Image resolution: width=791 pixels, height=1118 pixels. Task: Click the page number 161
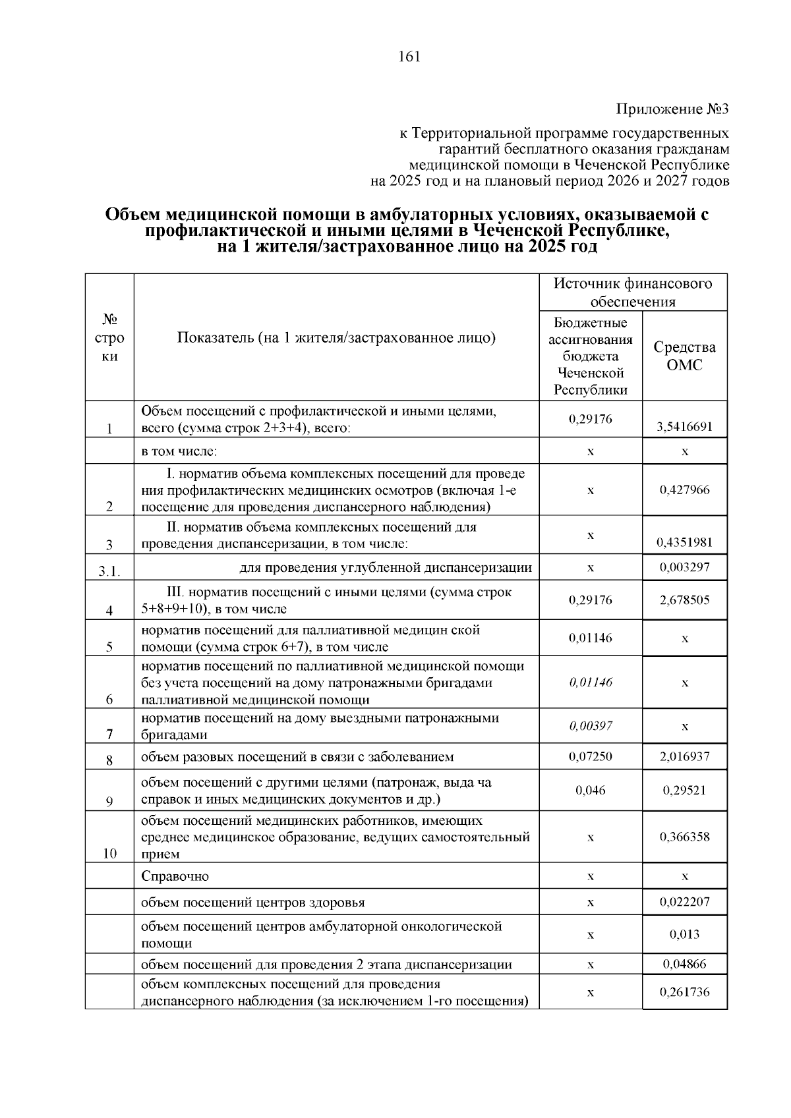(x=409, y=57)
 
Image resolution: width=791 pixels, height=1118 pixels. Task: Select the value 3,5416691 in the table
(x=684, y=427)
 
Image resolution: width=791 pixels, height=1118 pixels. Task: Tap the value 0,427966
(x=684, y=490)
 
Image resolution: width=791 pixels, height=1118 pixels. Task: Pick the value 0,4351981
(x=684, y=543)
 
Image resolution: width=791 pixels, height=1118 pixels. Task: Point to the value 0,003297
(x=684, y=567)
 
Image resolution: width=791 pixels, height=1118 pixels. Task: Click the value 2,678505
(x=684, y=600)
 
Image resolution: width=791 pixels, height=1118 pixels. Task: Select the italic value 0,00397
(x=591, y=726)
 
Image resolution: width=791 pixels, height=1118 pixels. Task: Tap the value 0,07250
(x=591, y=756)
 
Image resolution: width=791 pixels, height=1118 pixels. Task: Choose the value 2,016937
(x=684, y=756)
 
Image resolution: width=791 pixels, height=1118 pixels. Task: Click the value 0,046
(x=591, y=790)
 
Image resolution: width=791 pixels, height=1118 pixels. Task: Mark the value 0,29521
(x=684, y=790)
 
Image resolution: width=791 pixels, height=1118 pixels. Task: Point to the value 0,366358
(x=684, y=837)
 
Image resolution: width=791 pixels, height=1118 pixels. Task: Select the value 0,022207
(x=684, y=901)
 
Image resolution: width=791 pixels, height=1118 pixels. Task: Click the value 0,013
(x=684, y=934)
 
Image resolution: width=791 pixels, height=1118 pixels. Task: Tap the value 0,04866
(x=684, y=964)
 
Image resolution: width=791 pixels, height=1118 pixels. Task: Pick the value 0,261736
(x=684, y=992)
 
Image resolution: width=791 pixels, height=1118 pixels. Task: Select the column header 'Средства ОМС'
(x=684, y=356)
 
